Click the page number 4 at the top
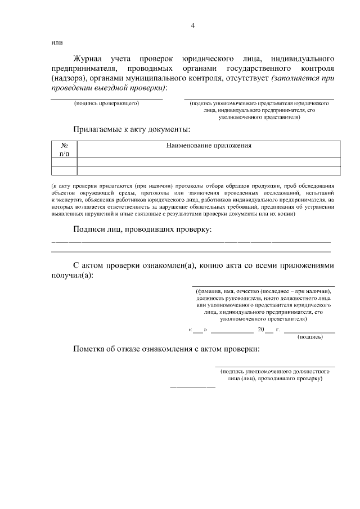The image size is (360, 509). [192, 25]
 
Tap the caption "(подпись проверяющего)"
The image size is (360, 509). [107, 103]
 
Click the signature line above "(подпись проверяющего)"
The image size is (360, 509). [107, 99]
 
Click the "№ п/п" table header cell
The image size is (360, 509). [64, 149]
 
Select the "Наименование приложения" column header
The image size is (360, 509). [209, 146]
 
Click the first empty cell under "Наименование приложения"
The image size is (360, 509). [209, 162]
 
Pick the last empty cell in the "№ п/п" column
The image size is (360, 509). [64, 170]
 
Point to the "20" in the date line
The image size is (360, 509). [261, 330]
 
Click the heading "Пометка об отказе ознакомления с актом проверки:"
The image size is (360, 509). [167, 349]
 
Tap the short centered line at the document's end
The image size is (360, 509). [192, 388]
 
